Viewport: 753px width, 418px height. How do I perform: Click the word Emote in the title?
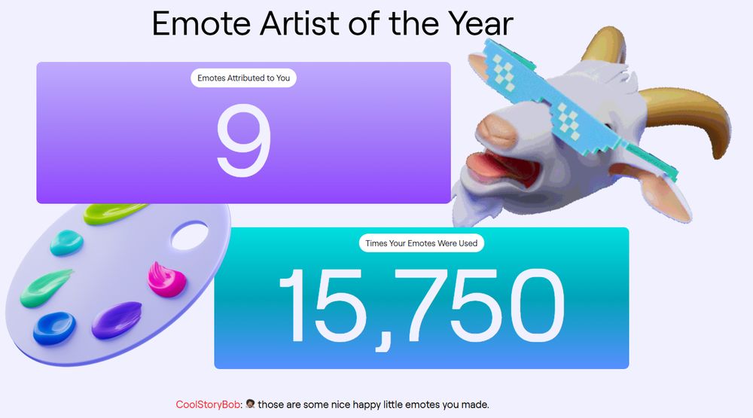202,23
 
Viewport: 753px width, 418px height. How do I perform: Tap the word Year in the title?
480,23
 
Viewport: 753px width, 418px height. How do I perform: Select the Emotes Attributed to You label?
243,78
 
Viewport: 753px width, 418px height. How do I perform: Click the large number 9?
244,140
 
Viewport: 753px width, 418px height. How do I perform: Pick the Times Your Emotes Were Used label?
421,243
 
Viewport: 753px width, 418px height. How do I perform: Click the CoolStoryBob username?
208,404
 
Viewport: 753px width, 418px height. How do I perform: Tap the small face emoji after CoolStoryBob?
250,404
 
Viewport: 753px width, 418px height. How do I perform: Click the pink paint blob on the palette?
166,279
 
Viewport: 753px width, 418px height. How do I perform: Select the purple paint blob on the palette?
117,319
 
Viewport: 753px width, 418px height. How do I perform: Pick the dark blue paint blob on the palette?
54,328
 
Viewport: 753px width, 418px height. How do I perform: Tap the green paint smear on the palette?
45,288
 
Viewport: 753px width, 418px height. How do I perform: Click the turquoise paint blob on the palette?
67,243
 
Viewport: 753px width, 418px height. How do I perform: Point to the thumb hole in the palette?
190,236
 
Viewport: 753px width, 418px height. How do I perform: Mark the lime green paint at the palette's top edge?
114,213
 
